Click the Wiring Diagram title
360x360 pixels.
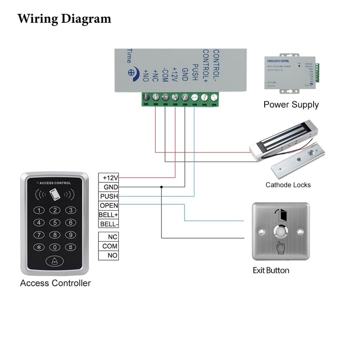point(64,19)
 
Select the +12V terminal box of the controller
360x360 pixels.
point(108,178)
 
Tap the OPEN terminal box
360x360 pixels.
point(108,206)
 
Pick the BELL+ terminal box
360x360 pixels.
point(108,215)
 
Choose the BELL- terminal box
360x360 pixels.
point(108,224)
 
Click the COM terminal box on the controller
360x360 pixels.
point(108,246)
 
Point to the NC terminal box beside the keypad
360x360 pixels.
point(108,237)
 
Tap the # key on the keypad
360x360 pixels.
point(70,247)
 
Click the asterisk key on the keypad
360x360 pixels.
point(40,247)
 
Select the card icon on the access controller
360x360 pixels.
point(55,195)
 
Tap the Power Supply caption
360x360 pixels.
point(291,105)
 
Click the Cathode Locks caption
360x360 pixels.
point(288,185)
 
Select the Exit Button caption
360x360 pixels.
point(270,270)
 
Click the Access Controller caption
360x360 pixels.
point(55,283)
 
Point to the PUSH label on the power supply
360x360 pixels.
point(195,72)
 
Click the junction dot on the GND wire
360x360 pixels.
point(161,187)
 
